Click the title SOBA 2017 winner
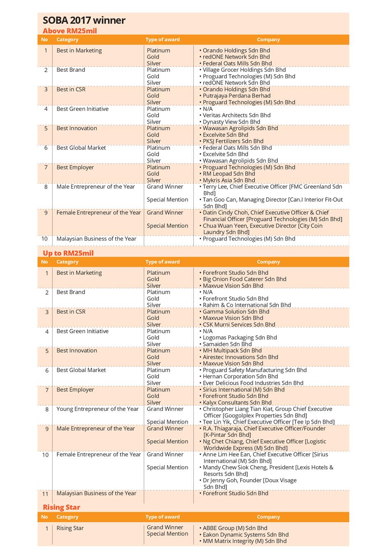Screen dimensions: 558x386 [84, 20]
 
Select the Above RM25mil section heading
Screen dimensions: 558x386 [70, 31]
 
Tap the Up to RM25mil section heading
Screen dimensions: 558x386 [68, 253]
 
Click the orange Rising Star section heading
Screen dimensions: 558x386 [62, 507]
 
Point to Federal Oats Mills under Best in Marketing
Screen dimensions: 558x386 [237, 64]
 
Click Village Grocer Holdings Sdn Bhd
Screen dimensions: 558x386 [244, 70]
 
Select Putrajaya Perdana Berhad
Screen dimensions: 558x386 [237, 96]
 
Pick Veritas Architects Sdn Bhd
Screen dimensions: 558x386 [237, 115]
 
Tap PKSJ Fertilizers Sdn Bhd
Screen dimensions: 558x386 [233, 141]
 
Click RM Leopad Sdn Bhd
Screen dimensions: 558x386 [229, 174]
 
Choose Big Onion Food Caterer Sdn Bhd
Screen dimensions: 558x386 [244, 279]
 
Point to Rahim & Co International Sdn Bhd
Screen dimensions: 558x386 [246, 305]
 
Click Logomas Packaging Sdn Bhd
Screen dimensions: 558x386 [239, 337]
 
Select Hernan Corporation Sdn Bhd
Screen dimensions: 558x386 [240, 376]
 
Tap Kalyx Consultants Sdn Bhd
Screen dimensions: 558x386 [237, 403]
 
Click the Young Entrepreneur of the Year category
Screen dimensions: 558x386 [98, 409]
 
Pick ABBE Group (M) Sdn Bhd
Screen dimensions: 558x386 [235, 528]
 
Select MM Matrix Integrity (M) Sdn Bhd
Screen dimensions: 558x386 [244, 541]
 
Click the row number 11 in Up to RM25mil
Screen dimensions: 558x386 [46, 494]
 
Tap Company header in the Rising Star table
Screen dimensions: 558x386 [268, 517]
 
